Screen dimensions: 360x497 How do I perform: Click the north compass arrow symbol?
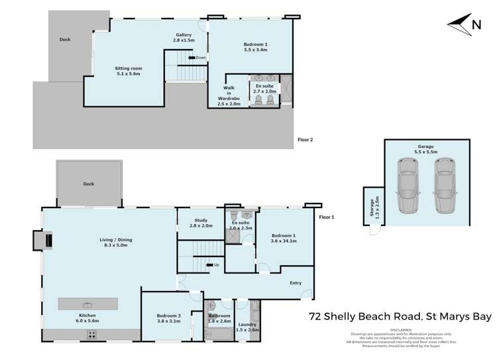pyautogui.click(x=461, y=25)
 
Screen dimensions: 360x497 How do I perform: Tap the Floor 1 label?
pyautogui.click(x=327, y=217)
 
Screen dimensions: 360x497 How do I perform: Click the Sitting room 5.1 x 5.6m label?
pyautogui.click(x=129, y=71)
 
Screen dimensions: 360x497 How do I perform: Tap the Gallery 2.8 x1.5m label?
pyautogui.click(x=184, y=38)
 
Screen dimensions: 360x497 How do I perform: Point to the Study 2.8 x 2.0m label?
pyautogui.click(x=201, y=223)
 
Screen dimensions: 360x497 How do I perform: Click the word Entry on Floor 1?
pyautogui.click(x=296, y=283)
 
